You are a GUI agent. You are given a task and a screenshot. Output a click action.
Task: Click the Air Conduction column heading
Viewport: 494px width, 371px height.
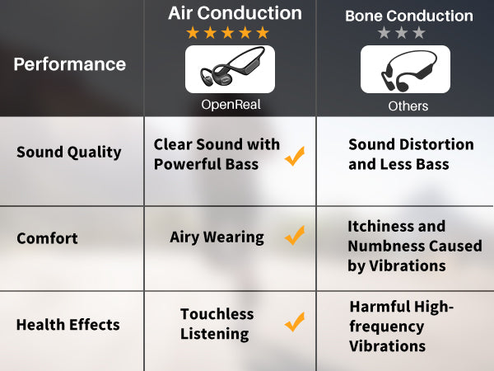coord(235,13)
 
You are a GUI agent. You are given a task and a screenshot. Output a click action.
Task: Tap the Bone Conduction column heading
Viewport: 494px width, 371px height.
coord(409,16)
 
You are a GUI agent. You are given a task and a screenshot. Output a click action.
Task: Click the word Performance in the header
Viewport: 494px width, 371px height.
coord(70,64)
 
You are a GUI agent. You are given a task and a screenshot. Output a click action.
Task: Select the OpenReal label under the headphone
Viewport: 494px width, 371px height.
coord(231,105)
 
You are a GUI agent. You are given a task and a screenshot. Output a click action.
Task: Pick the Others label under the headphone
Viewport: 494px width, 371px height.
coord(408,106)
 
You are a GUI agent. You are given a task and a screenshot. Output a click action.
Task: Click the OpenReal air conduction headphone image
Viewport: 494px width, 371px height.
coord(230,69)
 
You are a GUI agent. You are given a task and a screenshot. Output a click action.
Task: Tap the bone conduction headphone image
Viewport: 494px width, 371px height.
coord(405,69)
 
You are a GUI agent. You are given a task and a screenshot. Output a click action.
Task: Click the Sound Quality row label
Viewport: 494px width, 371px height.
coord(69,153)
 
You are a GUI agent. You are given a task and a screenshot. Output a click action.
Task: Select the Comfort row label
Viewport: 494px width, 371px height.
coord(47,238)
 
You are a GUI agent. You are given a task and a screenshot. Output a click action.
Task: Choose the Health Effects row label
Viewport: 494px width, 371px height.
coord(68,325)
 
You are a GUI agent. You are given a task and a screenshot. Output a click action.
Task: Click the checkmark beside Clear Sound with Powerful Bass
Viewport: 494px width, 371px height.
coord(295,156)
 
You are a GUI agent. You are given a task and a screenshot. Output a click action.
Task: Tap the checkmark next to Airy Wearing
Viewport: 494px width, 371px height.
coord(295,235)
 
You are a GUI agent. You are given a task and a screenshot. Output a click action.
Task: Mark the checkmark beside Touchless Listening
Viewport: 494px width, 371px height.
coord(295,322)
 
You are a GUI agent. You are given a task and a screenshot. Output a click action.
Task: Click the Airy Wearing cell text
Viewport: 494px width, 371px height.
coord(217,237)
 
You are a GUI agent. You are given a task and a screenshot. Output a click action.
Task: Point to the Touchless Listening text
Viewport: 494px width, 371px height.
coord(217,324)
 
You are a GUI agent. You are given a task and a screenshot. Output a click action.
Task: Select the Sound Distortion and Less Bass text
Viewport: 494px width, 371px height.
coord(411,154)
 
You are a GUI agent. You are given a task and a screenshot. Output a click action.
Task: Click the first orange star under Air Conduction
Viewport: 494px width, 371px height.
coord(193,33)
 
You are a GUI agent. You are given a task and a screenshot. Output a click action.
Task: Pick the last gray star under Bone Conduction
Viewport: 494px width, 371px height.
coord(419,33)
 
